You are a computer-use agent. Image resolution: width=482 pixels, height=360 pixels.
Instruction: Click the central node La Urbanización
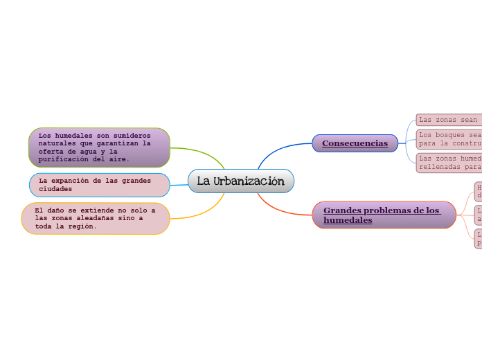(241, 181)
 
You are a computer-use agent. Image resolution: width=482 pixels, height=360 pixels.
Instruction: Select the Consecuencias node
(355, 143)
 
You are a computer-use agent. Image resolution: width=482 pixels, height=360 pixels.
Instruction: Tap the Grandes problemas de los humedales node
(384, 215)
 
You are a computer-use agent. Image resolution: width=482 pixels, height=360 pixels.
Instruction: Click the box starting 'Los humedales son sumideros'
(99, 147)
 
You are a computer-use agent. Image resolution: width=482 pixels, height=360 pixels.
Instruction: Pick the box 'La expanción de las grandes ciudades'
(99, 185)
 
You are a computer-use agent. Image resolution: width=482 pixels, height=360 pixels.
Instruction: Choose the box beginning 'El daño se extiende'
(96, 218)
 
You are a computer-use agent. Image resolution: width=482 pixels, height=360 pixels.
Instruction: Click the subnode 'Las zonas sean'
(448, 120)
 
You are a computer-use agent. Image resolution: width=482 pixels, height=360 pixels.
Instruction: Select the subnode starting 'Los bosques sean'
(449, 139)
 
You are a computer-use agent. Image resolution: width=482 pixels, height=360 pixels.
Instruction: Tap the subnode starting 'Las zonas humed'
(449, 163)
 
